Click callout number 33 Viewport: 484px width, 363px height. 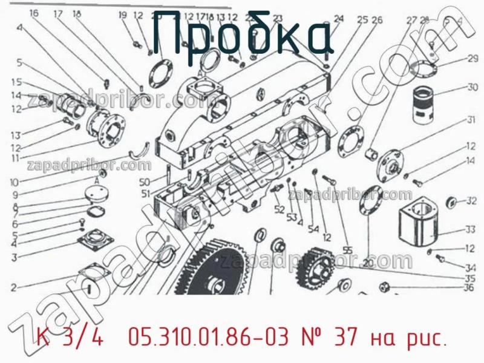click(470, 229)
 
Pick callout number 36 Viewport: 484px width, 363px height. click(468, 288)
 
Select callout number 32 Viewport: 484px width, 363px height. click(471, 201)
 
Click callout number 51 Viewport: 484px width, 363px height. click(145, 194)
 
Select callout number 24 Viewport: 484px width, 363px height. click(338, 19)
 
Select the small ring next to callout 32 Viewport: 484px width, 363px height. click(451, 201)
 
